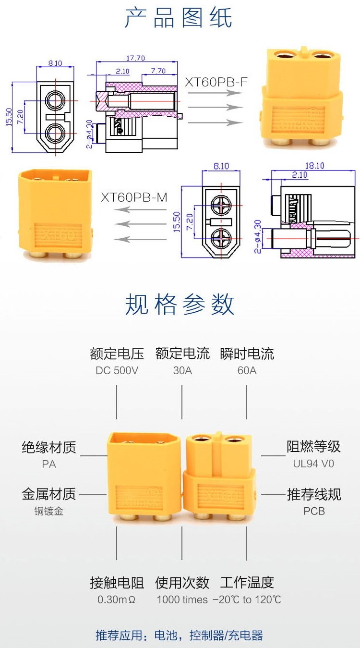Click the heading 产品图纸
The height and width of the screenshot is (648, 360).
point(179,18)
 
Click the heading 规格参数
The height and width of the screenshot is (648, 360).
point(180,305)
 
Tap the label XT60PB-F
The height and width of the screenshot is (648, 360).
point(216,82)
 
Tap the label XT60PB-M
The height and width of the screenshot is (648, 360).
point(134,197)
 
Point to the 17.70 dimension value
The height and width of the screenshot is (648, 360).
point(135,59)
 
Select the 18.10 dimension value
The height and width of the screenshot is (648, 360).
point(314,166)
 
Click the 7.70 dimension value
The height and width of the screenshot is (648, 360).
point(158,71)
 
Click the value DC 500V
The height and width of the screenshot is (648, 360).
point(117,371)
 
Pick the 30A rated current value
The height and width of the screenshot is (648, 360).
point(182,371)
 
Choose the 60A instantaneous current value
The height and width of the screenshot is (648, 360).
point(247,371)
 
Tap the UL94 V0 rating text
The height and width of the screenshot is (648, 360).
point(313,464)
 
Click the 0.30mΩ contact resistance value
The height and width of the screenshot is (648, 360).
point(117,600)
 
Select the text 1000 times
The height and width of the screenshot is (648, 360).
point(182,600)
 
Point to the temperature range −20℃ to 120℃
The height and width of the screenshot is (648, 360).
point(247,600)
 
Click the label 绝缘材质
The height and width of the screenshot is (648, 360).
point(49,448)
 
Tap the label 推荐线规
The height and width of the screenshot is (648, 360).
point(314,494)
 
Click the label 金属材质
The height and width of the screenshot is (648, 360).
point(49,494)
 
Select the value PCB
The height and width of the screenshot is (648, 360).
point(314,511)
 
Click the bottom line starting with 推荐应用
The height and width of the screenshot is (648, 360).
point(180,636)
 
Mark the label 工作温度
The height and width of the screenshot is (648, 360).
point(247,583)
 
